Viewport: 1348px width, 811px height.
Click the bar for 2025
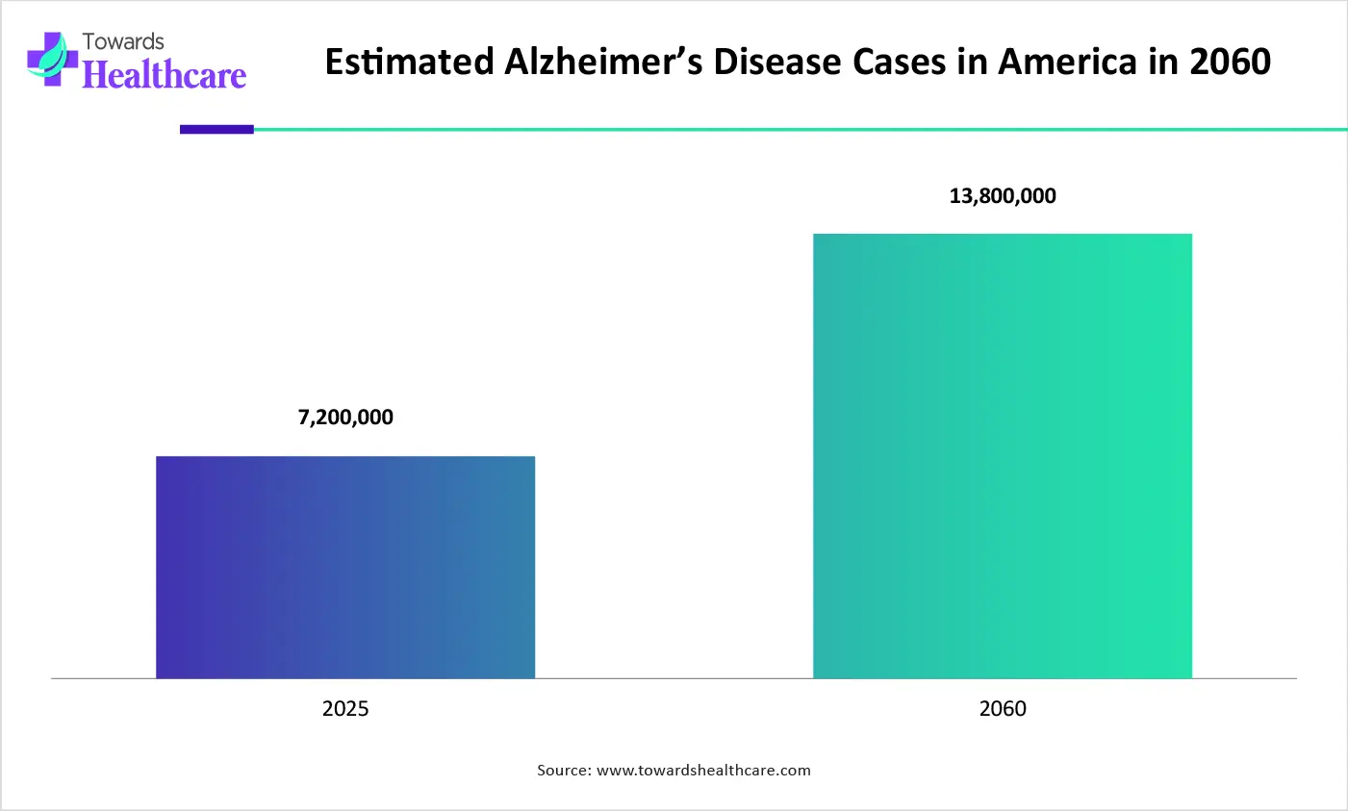[345, 567]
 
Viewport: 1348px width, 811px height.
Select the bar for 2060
[1003, 456]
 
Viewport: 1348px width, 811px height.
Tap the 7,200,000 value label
[345, 418]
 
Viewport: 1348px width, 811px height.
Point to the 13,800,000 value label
[1003, 196]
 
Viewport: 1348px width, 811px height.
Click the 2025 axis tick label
[345, 709]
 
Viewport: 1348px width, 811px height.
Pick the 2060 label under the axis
[1003, 709]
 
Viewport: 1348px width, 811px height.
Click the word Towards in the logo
[123, 41]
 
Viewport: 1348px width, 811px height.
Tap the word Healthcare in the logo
[165, 75]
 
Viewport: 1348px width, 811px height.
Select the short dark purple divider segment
[216, 129]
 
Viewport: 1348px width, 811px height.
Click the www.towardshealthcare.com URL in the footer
[703, 771]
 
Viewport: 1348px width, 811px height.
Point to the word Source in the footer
[563, 771]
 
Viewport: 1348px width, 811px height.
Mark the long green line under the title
[799, 129]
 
